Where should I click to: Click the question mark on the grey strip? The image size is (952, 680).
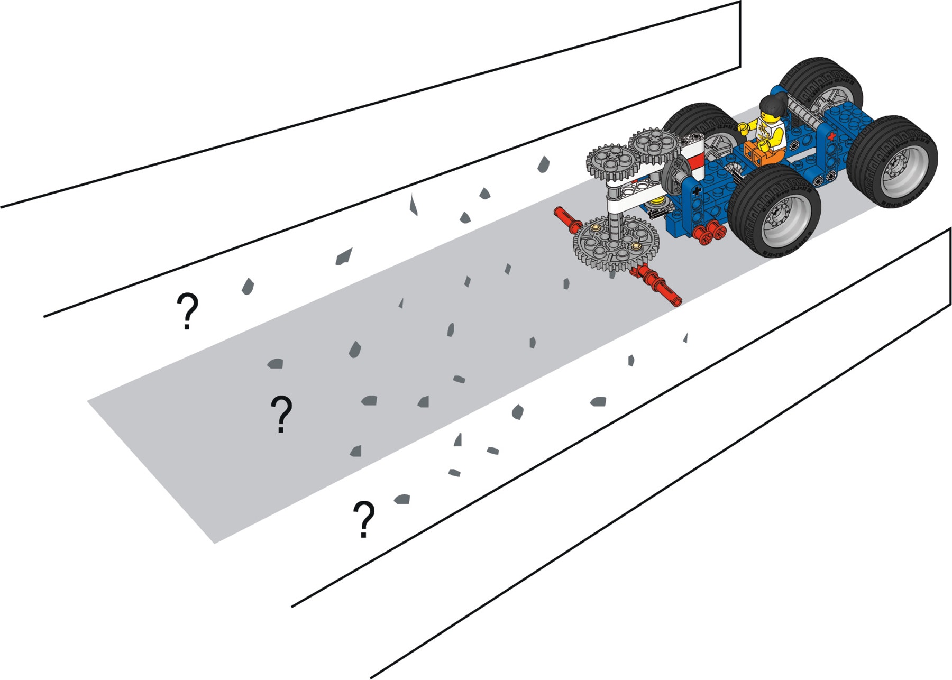pos(281,414)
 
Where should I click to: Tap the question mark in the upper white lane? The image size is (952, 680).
pos(187,312)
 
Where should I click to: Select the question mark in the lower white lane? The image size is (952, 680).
pos(364,520)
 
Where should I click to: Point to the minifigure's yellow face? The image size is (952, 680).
pos(767,116)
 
